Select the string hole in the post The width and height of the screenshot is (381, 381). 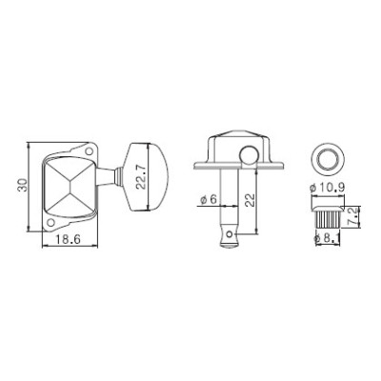(228, 230)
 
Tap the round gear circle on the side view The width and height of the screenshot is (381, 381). (251, 156)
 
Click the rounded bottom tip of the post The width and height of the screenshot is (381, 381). (228, 242)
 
